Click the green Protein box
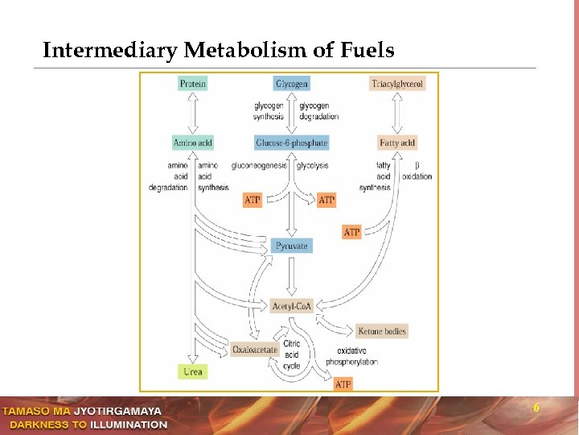click(193, 83)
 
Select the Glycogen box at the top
click(292, 83)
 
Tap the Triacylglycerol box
click(397, 83)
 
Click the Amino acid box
click(193, 143)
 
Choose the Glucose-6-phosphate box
click(292, 143)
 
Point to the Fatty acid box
click(397, 143)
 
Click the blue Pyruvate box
click(292, 246)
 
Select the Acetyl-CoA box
click(292, 306)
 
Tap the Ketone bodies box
click(381, 330)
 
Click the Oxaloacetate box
click(255, 350)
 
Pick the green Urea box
click(193, 371)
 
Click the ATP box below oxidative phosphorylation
click(343, 384)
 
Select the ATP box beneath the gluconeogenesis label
click(253, 199)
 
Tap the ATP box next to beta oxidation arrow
click(352, 232)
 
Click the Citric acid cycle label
click(291, 354)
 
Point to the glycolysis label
click(312, 165)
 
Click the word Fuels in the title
click(367, 51)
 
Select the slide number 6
click(536, 408)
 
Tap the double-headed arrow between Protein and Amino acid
click(193, 113)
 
